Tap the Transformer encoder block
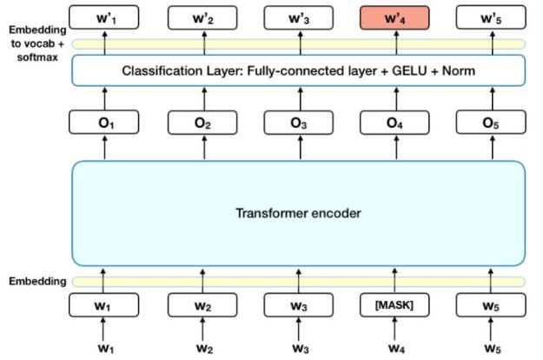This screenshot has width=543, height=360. coord(300,212)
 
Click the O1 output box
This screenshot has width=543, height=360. coord(106,123)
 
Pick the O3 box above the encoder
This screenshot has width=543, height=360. coord(300,123)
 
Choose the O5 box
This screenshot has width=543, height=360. coord(492,123)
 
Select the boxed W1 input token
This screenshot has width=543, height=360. coord(106,305)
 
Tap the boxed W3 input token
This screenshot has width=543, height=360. coord(300,305)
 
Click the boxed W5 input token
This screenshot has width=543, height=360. coord(492,305)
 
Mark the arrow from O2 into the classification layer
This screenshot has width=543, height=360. coord(202,98)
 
